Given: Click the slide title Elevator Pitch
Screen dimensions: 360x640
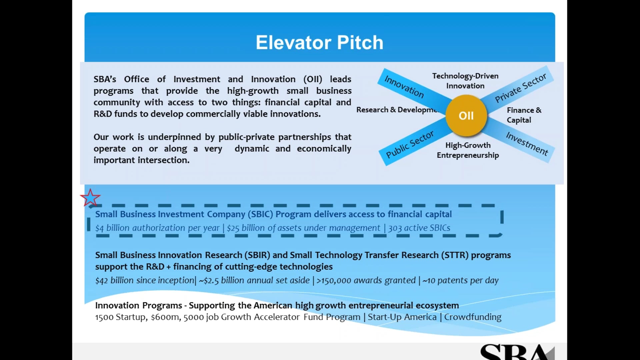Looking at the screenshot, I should coord(319,43).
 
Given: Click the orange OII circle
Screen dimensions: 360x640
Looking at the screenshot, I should coord(466,115).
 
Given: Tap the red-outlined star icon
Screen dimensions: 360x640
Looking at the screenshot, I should coord(90,198).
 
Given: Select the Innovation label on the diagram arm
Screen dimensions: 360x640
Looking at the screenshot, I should coord(404,86).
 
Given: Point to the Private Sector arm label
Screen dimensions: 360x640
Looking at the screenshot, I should coord(520,88).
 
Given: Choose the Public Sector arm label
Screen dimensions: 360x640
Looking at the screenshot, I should coord(410,144).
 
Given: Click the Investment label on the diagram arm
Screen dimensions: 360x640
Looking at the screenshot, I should coord(527,144).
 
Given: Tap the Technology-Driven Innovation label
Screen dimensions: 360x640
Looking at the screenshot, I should coord(465,81).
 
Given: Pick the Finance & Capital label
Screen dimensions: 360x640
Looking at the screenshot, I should coord(524,115).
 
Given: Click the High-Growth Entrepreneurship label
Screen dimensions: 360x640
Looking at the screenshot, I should coord(468,150).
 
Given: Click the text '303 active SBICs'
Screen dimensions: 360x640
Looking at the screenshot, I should coord(419,228).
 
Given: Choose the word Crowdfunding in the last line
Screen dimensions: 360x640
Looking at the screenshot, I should coord(472,317).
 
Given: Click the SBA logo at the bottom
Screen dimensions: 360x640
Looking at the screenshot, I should coord(517,352).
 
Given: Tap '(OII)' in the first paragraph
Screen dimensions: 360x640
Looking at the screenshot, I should coord(313,79).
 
